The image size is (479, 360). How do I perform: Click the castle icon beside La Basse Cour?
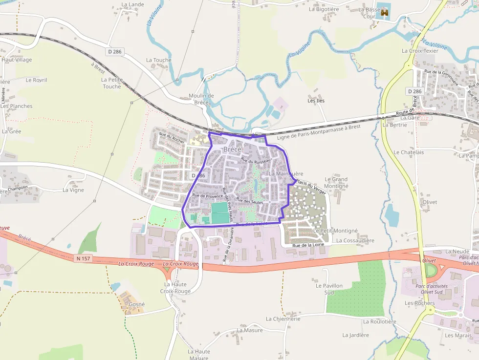[x=385, y=12]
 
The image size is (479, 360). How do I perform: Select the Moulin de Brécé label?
[x=201, y=99]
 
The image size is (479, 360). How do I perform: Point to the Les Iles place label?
[x=316, y=101]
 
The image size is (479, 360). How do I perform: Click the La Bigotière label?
[x=324, y=9]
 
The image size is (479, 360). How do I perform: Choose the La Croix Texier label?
[x=420, y=51]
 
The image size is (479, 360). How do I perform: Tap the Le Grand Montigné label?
[x=336, y=183]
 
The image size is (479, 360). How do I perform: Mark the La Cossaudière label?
[x=355, y=241]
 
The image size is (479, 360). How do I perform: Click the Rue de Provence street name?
[x=207, y=195]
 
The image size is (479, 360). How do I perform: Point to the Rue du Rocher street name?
[x=172, y=137]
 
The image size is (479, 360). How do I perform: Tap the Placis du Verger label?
[x=310, y=187]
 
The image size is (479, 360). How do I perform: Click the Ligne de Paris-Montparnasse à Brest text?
[x=318, y=132]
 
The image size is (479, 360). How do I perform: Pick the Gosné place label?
[x=137, y=304]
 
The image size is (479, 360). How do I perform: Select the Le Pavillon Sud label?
[x=329, y=289]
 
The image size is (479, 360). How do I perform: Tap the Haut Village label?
[x=17, y=60]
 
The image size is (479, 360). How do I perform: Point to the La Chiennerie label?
[x=283, y=318]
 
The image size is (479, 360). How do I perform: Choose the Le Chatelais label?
[x=409, y=152]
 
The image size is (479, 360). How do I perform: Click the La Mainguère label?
[x=286, y=174]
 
